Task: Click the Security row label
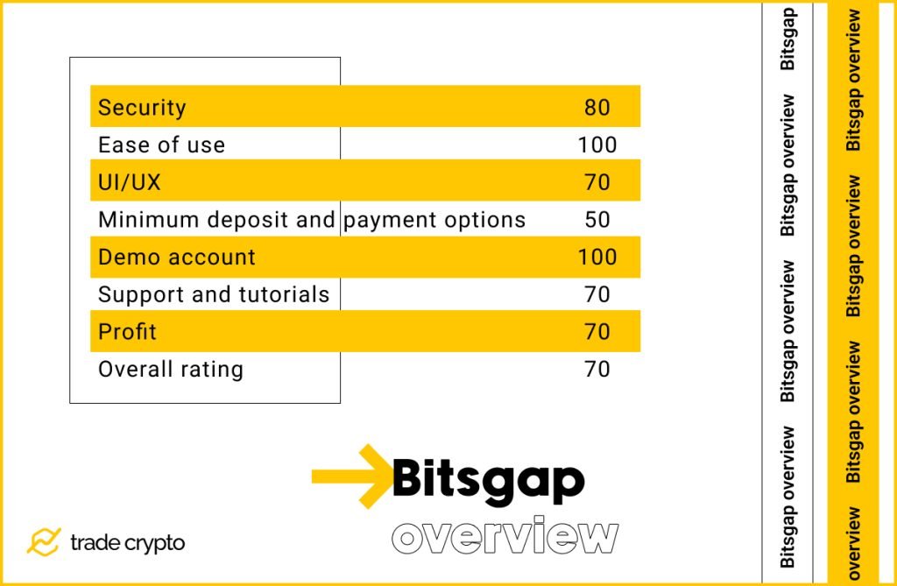tap(142, 108)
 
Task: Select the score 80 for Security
tap(597, 108)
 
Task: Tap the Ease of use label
tap(161, 145)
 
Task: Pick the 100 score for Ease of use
tap(597, 145)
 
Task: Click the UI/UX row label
tap(129, 182)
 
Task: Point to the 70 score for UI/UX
tap(597, 182)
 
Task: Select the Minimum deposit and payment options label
tap(312, 220)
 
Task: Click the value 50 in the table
tap(597, 220)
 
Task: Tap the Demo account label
tap(176, 258)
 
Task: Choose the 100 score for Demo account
tap(597, 258)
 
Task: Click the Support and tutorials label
tap(214, 295)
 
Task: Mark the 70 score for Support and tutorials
tap(597, 295)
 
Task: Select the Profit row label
tap(127, 332)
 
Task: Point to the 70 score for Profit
tap(597, 332)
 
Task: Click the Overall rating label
tap(171, 370)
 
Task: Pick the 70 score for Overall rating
tap(597, 370)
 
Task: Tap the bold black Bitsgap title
tap(488, 480)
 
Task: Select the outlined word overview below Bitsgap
tap(505, 536)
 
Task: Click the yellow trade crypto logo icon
tap(43, 542)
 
